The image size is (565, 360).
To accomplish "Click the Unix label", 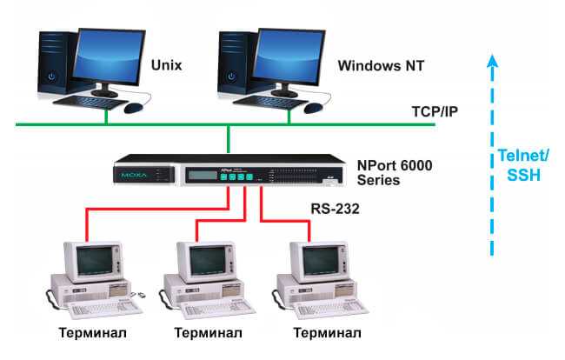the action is point(167,65).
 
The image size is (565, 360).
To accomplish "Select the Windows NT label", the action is point(381,65).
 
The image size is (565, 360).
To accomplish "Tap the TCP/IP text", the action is point(435,111).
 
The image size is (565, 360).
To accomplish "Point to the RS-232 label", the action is point(336,209).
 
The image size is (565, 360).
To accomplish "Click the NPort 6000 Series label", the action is point(395,172).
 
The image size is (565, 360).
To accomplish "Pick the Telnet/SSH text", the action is point(523,165).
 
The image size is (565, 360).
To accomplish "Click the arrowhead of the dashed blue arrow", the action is point(492,61).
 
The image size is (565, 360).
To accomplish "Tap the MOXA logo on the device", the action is point(134,175).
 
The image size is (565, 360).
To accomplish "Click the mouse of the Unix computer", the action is point(133,107).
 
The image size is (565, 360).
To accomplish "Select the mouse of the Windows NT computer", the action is point(313,107).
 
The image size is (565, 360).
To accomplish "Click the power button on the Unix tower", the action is point(52,77).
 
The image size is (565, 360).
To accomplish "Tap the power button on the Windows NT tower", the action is point(231,77).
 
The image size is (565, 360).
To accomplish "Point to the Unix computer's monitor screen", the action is point(108,57).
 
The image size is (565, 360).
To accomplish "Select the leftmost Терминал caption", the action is point(93,333).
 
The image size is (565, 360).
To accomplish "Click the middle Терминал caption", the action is point(208,333).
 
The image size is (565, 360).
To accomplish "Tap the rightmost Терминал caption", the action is point(327,333).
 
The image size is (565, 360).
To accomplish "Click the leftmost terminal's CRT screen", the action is point(95,260).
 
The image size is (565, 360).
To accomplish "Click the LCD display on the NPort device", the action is point(203,175).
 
